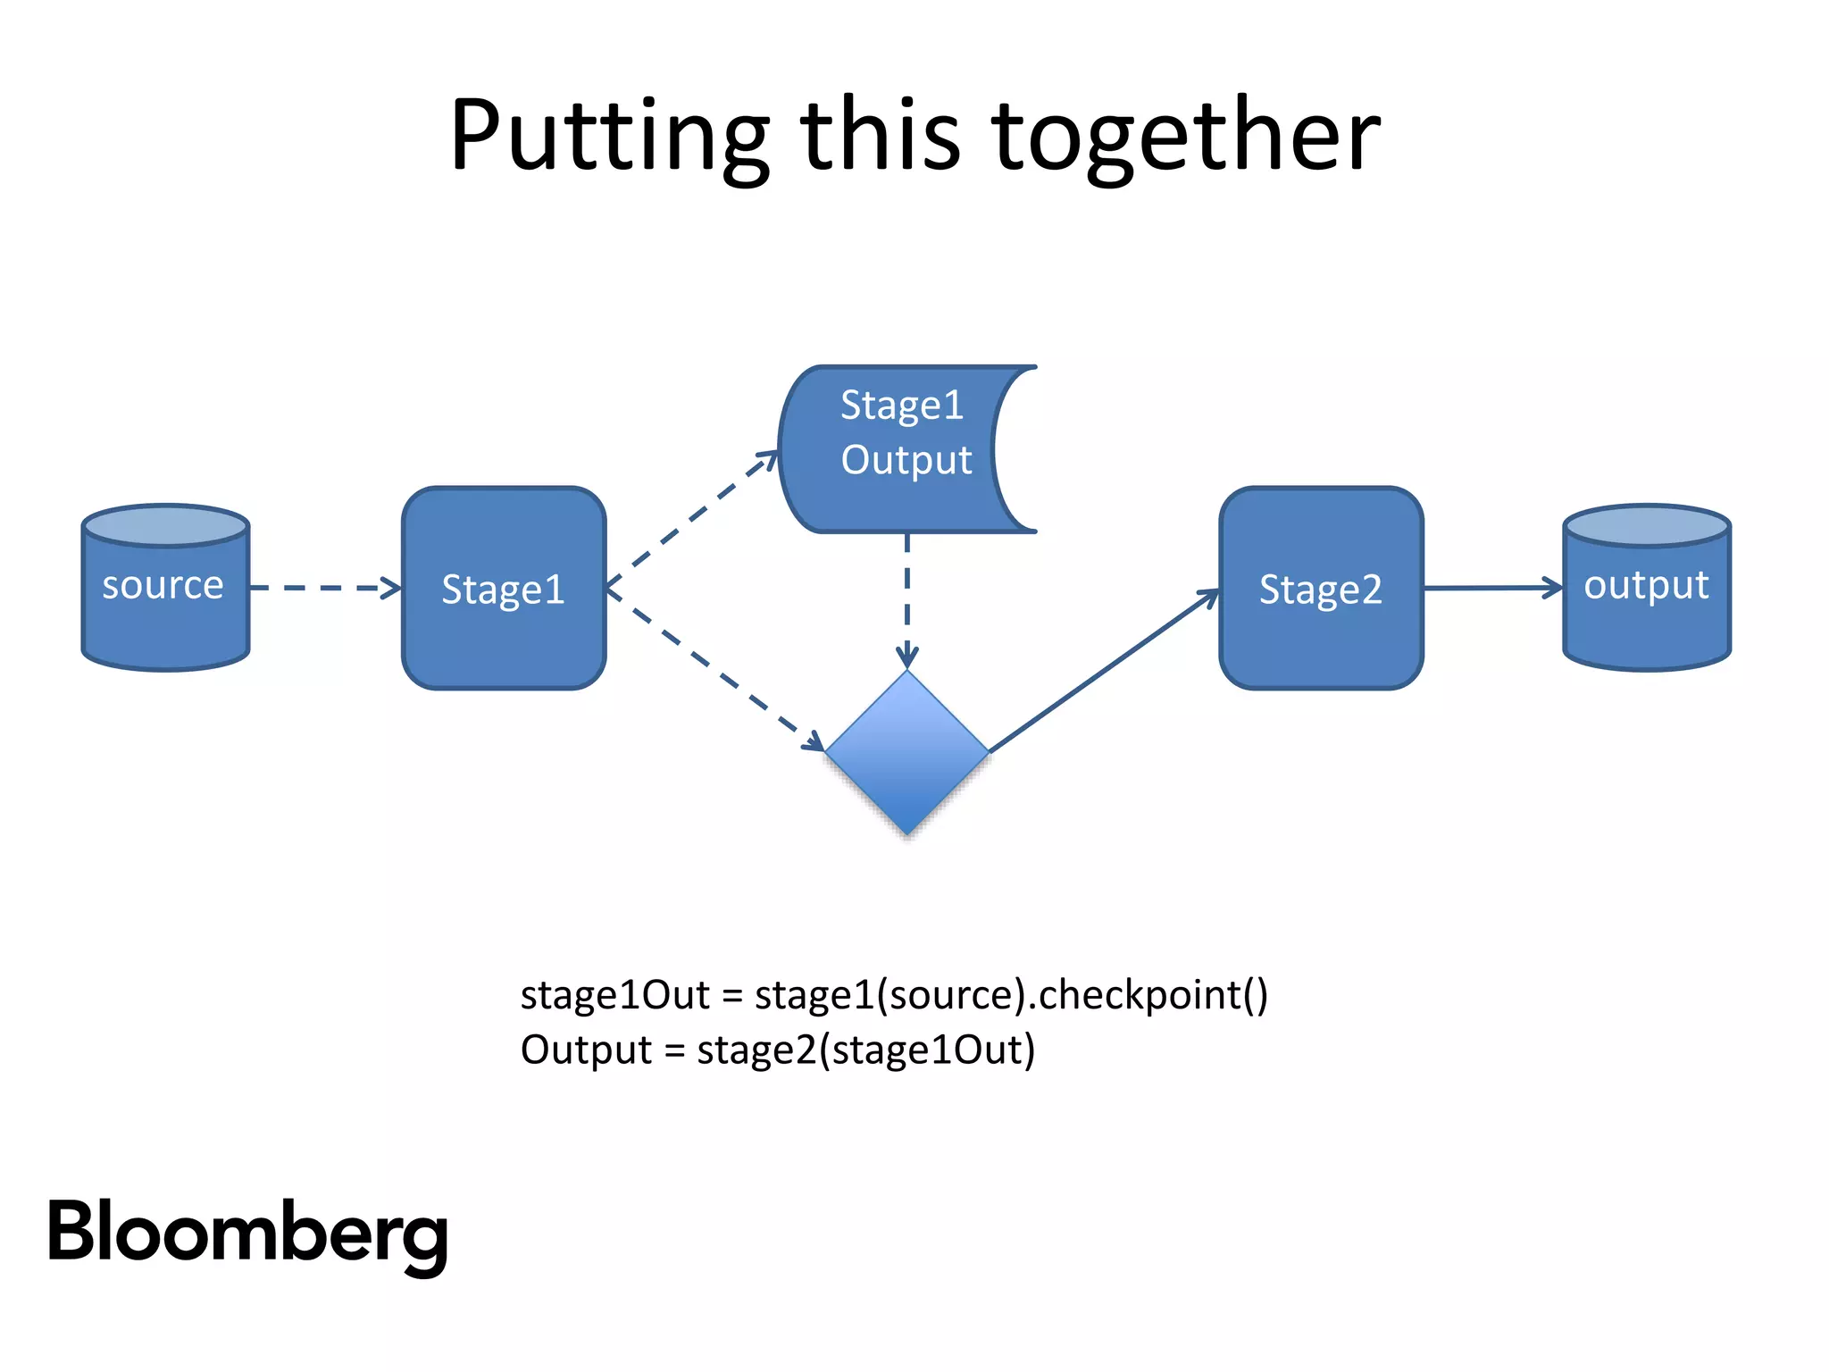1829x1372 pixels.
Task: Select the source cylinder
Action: [x=165, y=590]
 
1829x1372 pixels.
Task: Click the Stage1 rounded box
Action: [x=504, y=590]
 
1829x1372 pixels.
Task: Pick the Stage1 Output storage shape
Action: [x=893, y=448]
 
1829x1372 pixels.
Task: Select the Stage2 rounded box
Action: [x=1321, y=590]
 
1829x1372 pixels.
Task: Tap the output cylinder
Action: [x=1646, y=590]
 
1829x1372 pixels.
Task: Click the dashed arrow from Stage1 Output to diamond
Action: [x=907, y=598]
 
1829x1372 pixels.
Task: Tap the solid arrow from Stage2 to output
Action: [x=1491, y=588]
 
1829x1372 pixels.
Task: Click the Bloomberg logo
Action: [x=247, y=1233]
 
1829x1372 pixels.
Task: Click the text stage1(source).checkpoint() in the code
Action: [x=1011, y=995]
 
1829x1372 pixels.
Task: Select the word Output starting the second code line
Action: [x=586, y=1050]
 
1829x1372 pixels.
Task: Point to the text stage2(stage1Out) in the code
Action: [x=866, y=1050]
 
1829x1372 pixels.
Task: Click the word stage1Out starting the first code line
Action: [x=614, y=995]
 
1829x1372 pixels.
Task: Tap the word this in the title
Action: [x=881, y=136]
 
